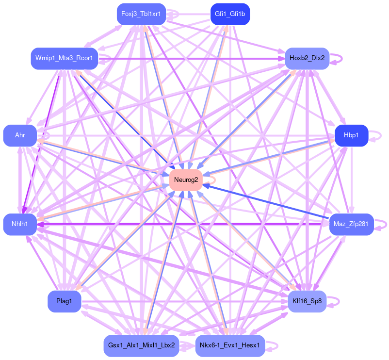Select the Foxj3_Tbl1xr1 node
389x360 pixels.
tap(142, 14)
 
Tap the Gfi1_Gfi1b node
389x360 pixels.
tap(230, 14)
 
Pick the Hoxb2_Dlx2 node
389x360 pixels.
tap(307, 59)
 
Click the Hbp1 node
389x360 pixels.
tap(351, 135)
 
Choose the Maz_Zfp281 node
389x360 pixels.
tap(351, 224)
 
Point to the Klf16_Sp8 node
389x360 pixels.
tap(307, 301)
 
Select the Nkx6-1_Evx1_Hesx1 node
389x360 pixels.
tap(230, 345)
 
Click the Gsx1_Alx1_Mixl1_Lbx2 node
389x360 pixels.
tap(142, 345)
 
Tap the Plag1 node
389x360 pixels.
tap(64, 301)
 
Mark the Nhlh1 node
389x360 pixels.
tap(20, 224)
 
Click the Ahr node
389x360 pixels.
tap(20, 135)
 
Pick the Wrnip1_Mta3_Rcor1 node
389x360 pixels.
tap(64, 59)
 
